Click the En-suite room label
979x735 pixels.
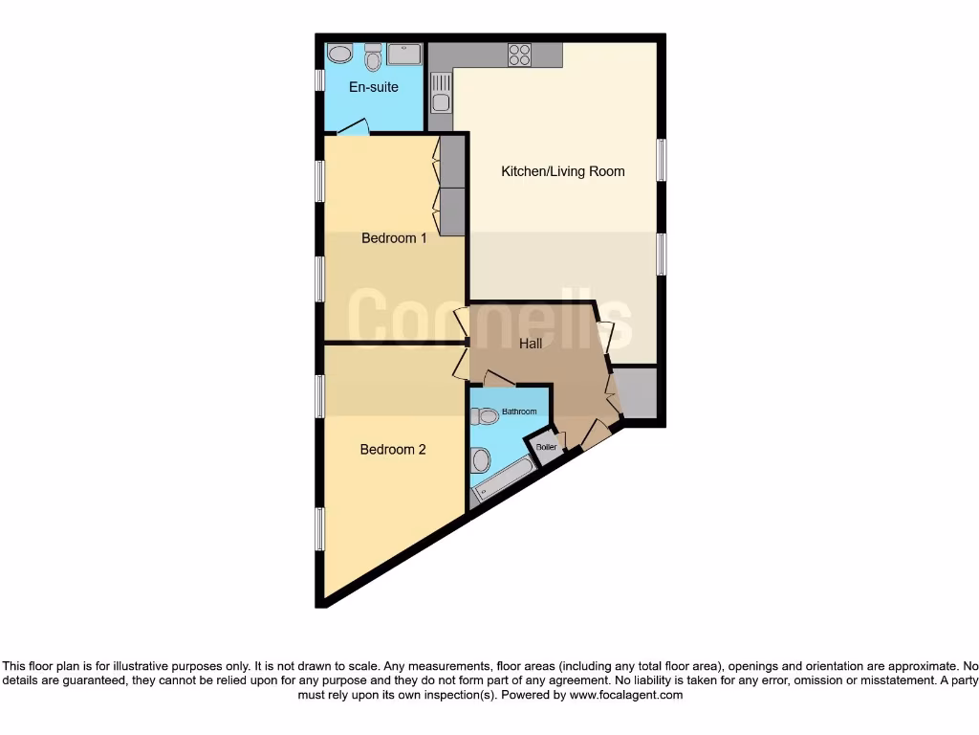(x=373, y=87)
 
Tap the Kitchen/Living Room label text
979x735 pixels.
(x=563, y=172)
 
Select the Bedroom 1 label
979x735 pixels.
(x=394, y=238)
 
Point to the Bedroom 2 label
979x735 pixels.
(x=393, y=450)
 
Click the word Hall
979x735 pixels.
(x=531, y=343)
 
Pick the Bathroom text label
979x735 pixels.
(x=519, y=412)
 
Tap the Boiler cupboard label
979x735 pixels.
(x=547, y=447)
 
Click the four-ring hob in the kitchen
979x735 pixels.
(x=520, y=54)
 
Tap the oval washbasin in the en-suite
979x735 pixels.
(x=338, y=54)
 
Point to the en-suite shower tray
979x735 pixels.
(x=405, y=54)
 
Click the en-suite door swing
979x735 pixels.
(x=353, y=127)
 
